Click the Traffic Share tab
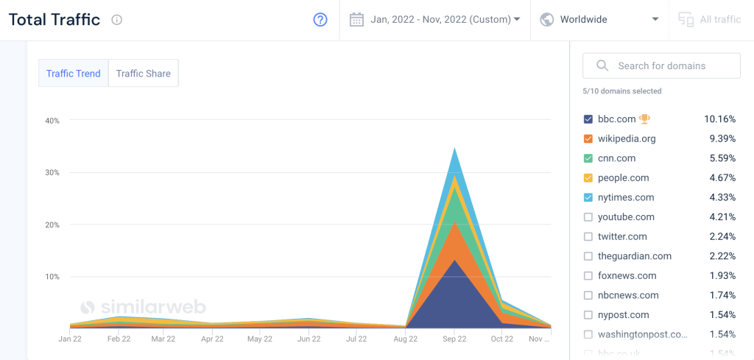(143, 74)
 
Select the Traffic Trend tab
(73, 74)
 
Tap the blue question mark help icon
(320, 20)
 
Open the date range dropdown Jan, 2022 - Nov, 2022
(435, 20)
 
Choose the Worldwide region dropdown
(599, 20)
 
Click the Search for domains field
(661, 66)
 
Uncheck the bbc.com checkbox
(588, 119)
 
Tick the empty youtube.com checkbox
(588, 217)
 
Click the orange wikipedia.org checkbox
(588, 138)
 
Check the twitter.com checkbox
(588, 236)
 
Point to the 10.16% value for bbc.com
(719, 119)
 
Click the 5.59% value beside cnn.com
(722, 158)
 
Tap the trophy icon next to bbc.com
(645, 119)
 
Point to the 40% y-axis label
(52, 121)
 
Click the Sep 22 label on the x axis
(454, 339)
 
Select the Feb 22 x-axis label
(119, 339)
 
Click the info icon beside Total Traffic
(116, 20)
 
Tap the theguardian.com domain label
(635, 256)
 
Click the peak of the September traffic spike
(454, 149)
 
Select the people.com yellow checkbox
(588, 178)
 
